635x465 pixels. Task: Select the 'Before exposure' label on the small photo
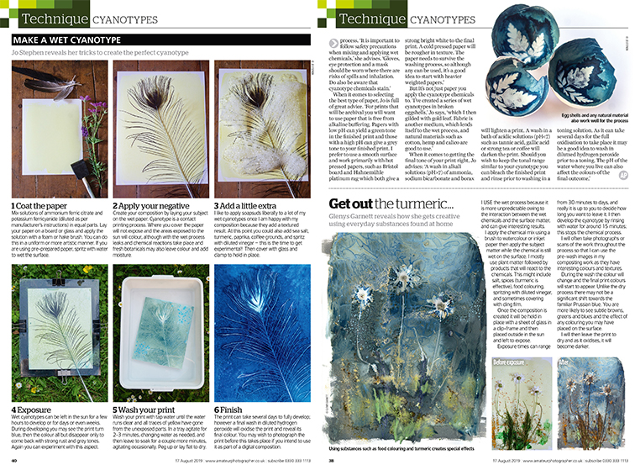[513, 385]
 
